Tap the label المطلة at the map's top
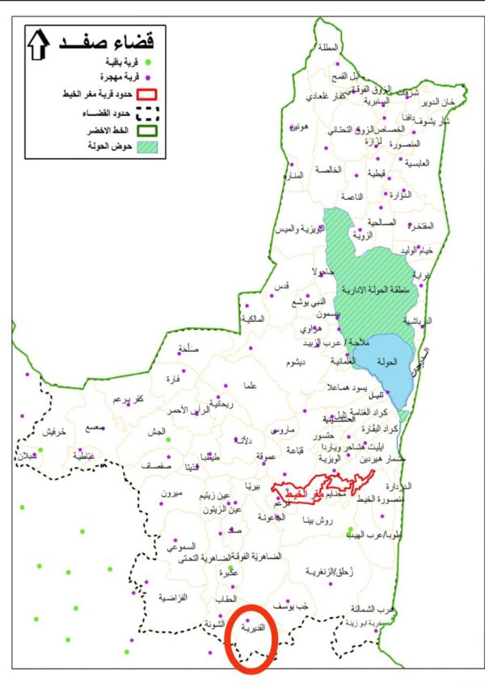coord(329,47)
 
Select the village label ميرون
coord(173,494)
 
